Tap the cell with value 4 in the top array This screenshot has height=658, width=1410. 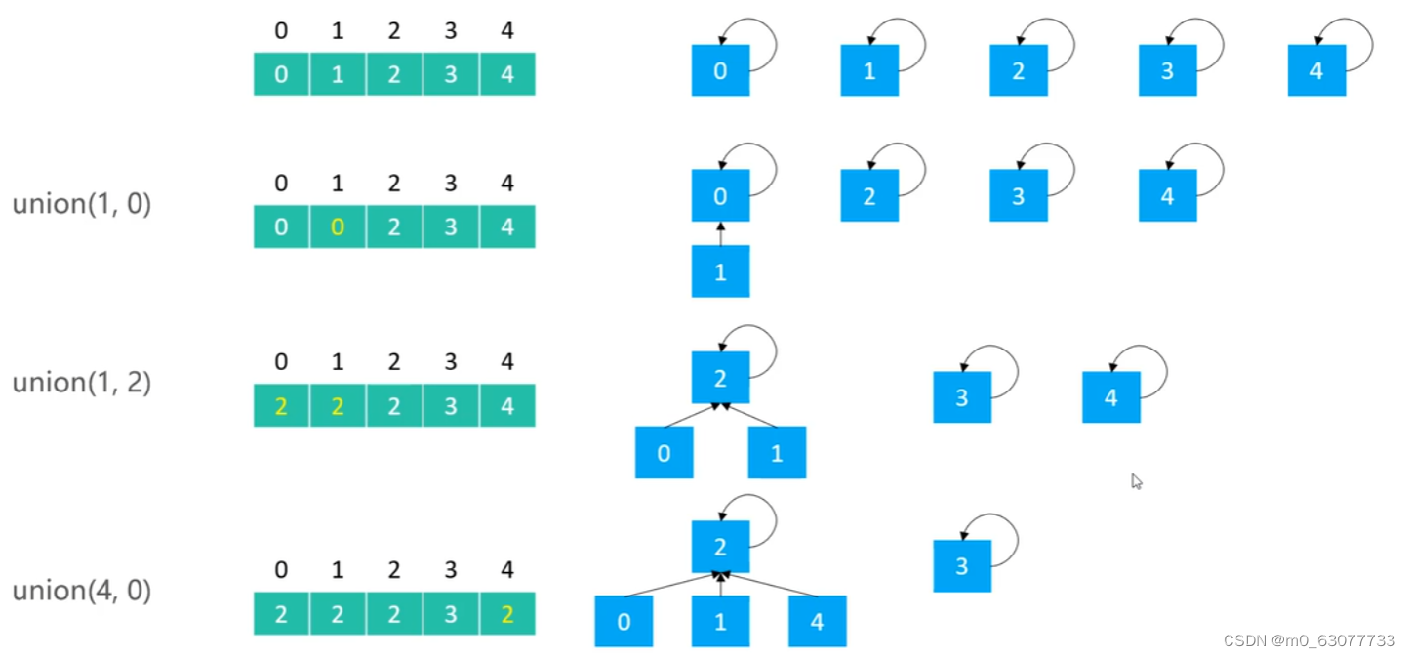[x=506, y=74]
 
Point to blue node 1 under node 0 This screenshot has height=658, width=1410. [x=720, y=271]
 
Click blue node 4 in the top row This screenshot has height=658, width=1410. [x=1316, y=70]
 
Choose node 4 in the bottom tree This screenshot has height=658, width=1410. [x=817, y=622]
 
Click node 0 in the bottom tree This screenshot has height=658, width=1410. [x=624, y=622]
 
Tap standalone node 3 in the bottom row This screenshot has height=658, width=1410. [x=961, y=566]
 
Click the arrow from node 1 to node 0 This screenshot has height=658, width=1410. [x=720, y=233]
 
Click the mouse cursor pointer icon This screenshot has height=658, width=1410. [x=1136, y=481]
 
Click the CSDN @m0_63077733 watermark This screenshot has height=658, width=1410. [x=1309, y=640]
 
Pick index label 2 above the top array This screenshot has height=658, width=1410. [x=393, y=31]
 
